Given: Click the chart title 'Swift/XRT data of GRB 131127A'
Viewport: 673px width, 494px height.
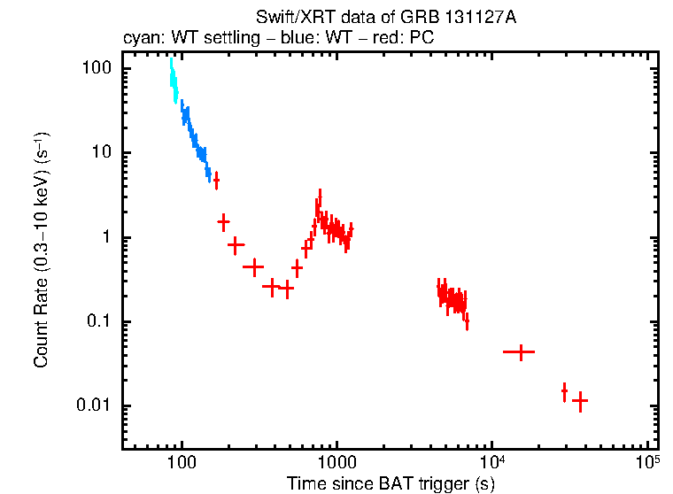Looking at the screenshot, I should (x=385, y=18).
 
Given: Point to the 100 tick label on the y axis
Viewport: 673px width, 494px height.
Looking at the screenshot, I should (x=94, y=68).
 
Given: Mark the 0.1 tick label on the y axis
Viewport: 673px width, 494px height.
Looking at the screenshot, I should (x=97, y=321).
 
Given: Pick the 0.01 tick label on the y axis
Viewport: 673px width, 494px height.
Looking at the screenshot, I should (x=93, y=405).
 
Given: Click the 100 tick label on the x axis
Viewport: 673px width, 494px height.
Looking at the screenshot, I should (x=182, y=462).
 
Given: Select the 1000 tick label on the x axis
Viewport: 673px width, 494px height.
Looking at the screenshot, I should (x=336, y=462).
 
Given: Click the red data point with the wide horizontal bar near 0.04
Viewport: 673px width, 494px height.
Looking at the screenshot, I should (x=519, y=351).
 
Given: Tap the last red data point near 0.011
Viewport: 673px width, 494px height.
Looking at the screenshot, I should (x=580, y=401).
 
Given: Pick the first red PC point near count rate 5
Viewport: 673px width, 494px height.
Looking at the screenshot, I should (x=216, y=180).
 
